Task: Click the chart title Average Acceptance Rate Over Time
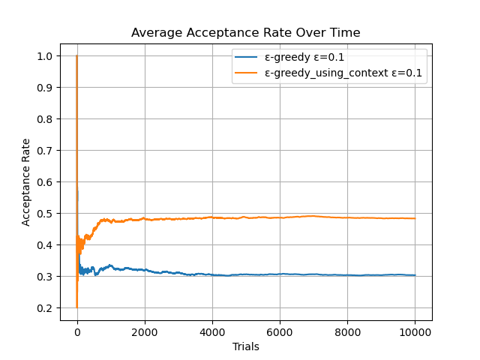click(x=245, y=33)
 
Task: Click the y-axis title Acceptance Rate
click(x=26, y=181)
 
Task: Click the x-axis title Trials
click(x=245, y=346)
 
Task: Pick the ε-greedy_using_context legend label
click(x=342, y=73)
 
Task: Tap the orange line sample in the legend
click(x=247, y=73)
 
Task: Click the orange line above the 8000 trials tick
click(x=347, y=217)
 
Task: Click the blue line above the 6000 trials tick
click(x=280, y=274)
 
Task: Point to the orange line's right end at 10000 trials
click(x=415, y=218)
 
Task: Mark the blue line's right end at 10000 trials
click(x=415, y=275)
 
